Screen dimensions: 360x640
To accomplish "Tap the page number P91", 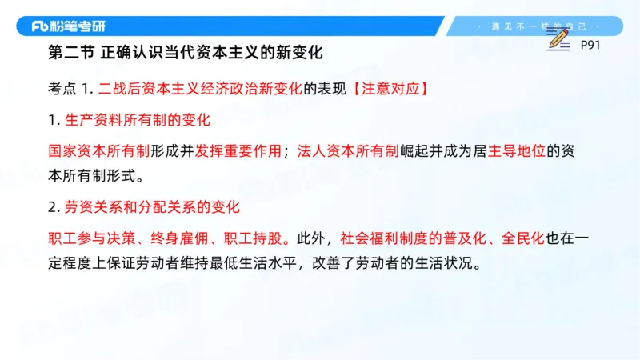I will pyautogui.click(x=590, y=46).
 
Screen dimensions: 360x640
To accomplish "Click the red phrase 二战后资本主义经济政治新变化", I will pyautogui.click(x=200, y=88).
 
